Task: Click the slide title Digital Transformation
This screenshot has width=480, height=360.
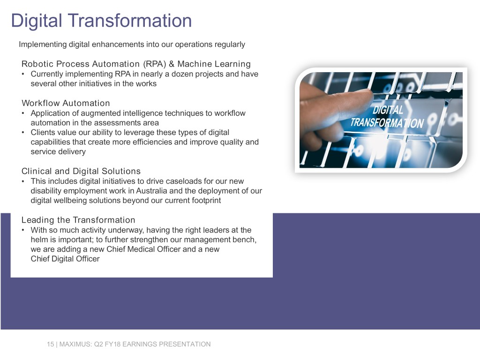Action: (x=101, y=21)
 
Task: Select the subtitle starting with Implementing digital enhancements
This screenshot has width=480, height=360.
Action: (x=132, y=45)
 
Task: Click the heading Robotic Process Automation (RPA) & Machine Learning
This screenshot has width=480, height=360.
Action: (x=136, y=64)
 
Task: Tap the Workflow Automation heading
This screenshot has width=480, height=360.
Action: (x=66, y=103)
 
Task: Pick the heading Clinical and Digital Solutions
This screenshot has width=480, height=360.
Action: (x=81, y=171)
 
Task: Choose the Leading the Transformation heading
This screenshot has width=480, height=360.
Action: (x=78, y=220)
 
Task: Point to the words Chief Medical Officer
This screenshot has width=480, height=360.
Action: (x=143, y=249)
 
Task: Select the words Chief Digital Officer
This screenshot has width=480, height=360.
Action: (x=65, y=259)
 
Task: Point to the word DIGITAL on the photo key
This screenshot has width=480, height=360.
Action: (x=388, y=111)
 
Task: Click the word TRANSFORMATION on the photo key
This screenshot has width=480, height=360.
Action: (x=387, y=123)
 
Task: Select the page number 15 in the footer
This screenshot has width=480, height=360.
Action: (x=50, y=344)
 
